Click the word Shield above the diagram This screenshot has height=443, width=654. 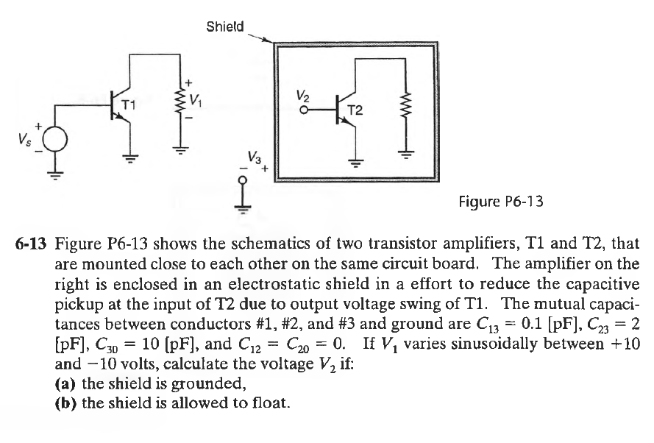pyautogui.click(x=224, y=27)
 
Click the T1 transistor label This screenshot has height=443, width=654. pyautogui.click(x=128, y=106)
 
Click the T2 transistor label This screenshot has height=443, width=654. pyautogui.click(x=355, y=111)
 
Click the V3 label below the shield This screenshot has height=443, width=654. pyautogui.click(x=253, y=158)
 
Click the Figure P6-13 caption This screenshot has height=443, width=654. pyautogui.click(x=500, y=200)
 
